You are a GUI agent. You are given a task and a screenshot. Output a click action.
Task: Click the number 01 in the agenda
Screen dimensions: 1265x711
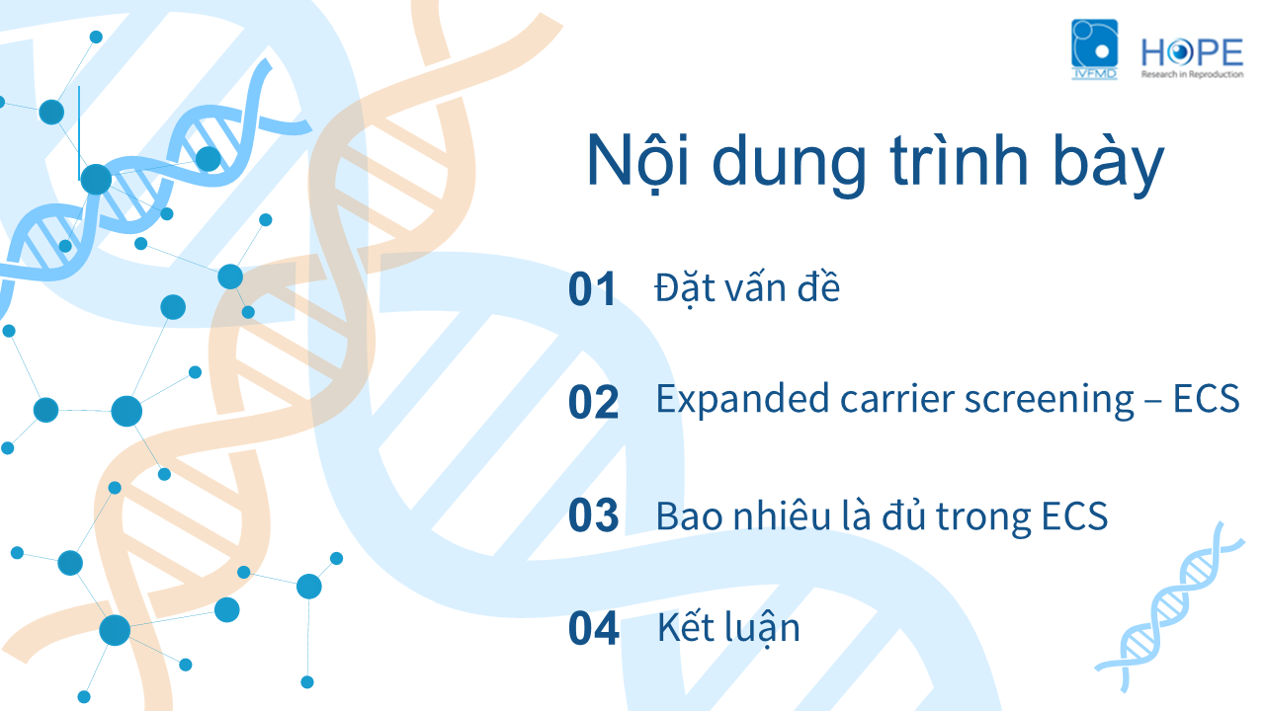[x=591, y=289]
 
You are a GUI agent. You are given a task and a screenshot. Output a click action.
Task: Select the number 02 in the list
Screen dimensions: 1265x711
[x=593, y=402]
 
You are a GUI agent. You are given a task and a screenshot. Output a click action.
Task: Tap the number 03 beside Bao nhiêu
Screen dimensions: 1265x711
[x=593, y=515]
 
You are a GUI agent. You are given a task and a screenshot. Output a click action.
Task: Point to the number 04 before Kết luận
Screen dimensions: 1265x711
[x=594, y=628]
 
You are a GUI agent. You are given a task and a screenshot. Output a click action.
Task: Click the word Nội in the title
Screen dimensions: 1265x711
[x=637, y=162]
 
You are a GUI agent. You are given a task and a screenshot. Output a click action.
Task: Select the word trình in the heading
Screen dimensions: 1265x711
[x=959, y=161]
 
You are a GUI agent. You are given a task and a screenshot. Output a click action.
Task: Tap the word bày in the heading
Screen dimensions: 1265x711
[x=1109, y=165]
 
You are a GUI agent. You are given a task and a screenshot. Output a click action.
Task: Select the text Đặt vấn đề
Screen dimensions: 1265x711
[x=747, y=287]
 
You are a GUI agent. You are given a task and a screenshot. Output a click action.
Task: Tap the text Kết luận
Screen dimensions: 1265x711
[x=728, y=628]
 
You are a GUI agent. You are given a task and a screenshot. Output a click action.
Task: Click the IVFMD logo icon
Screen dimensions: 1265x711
[x=1094, y=49]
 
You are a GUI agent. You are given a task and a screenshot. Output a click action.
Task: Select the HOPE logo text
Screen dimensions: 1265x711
[x=1192, y=52]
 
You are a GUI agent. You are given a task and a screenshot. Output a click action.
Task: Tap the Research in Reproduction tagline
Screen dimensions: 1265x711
[x=1192, y=74]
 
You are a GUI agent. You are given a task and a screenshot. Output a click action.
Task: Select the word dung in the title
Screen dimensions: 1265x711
[x=789, y=165]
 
